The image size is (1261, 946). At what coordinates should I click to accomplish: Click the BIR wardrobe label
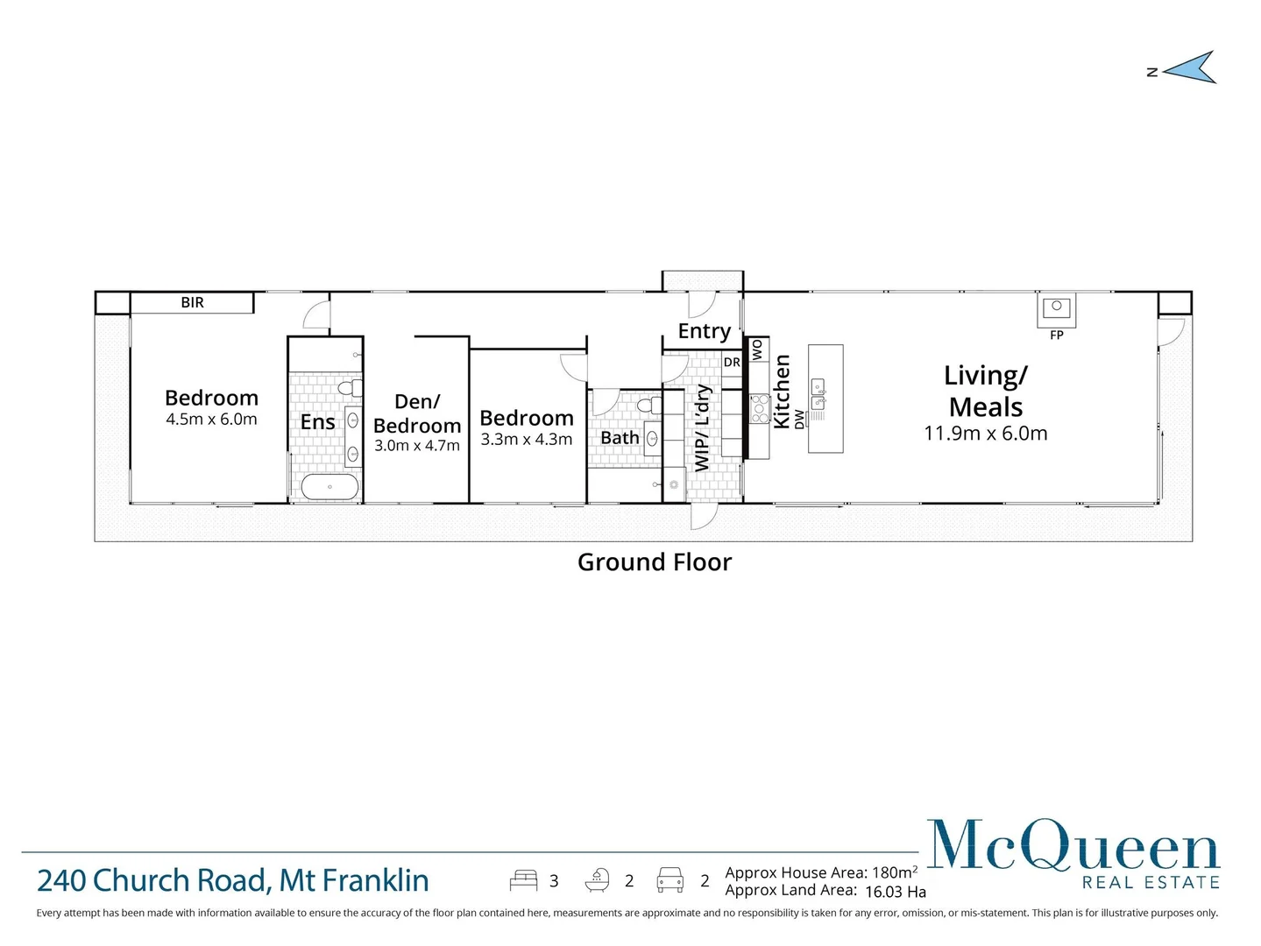192,303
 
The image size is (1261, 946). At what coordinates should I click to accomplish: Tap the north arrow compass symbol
1191,67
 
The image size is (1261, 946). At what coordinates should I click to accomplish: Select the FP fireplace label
1056,335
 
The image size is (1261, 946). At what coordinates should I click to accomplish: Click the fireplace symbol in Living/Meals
1056,307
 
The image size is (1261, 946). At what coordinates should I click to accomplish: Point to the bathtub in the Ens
329,487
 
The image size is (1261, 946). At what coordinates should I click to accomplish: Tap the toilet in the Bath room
649,406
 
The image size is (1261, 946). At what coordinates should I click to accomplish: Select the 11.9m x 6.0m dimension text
985,434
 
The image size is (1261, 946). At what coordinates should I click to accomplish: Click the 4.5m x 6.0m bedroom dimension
211,420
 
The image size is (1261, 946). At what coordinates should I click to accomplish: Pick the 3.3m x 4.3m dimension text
526,440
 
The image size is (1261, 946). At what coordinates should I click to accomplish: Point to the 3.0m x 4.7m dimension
416,446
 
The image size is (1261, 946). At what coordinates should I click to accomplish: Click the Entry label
704,331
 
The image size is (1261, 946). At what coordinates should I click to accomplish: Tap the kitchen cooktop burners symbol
759,409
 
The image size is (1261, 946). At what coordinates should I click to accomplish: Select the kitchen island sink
818,395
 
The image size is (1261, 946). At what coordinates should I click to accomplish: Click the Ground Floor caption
654,562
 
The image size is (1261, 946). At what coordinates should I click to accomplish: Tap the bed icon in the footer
523,880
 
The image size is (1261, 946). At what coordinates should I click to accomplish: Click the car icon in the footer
669,880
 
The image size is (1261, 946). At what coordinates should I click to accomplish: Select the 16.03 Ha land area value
895,892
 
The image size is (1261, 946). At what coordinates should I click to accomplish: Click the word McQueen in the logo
1073,846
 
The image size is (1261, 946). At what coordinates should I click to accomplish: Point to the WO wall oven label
757,349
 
